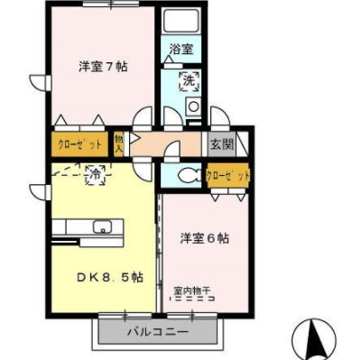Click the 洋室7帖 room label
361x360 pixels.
click(x=103, y=67)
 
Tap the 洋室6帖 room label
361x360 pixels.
click(x=205, y=238)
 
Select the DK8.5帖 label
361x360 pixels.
click(x=110, y=277)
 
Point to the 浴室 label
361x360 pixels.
click(x=181, y=49)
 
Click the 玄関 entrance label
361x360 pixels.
click(x=222, y=144)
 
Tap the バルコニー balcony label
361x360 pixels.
click(x=158, y=332)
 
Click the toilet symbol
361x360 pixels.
click(x=188, y=175)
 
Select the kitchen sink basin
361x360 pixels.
click(x=103, y=226)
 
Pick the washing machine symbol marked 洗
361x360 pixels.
click(x=190, y=81)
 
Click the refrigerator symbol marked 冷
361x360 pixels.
click(x=96, y=175)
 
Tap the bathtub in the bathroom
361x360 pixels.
click(x=180, y=20)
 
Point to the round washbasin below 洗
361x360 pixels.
click(x=193, y=106)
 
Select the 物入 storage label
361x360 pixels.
click(x=118, y=144)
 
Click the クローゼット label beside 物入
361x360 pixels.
click(x=79, y=144)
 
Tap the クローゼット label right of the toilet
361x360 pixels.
click(x=228, y=176)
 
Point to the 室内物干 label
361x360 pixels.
click(x=192, y=291)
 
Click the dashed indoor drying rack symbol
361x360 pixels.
click(x=192, y=299)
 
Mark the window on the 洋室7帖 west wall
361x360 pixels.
click(x=48, y=82)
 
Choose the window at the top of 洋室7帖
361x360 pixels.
click(x=111, y=4)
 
